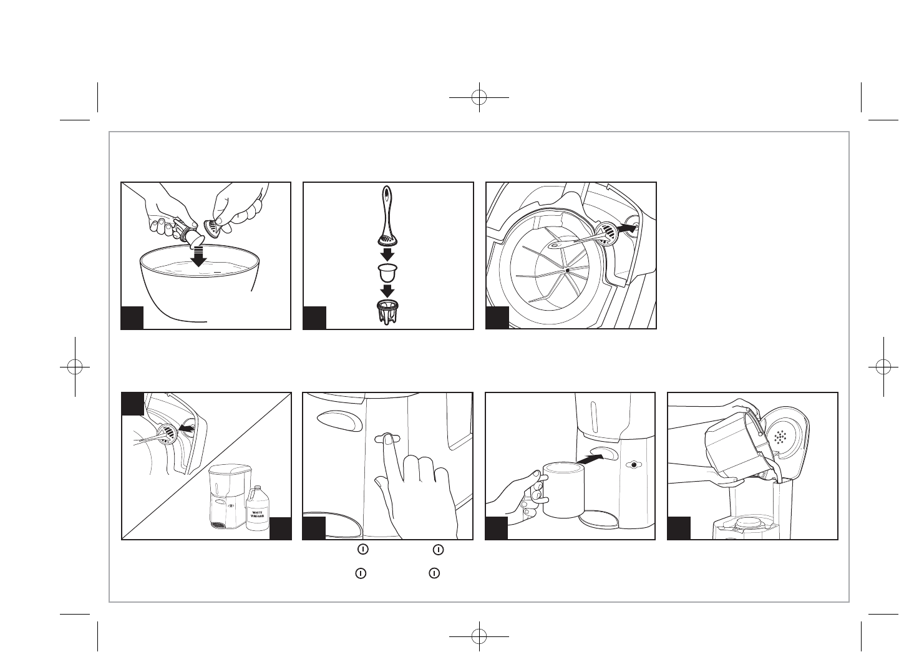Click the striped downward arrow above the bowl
pos(198,256)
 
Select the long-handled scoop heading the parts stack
pos(387,215)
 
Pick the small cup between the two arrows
pos(387,273)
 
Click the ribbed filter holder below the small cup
pos(387,312)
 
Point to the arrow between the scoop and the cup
pos(387,254)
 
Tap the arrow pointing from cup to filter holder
pos(387,291)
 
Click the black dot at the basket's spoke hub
pos(567,271)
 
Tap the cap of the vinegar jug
pos(255,488)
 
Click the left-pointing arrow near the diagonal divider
pos(186,429)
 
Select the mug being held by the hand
pos(563,490)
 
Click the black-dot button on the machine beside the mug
pos(634,464)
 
